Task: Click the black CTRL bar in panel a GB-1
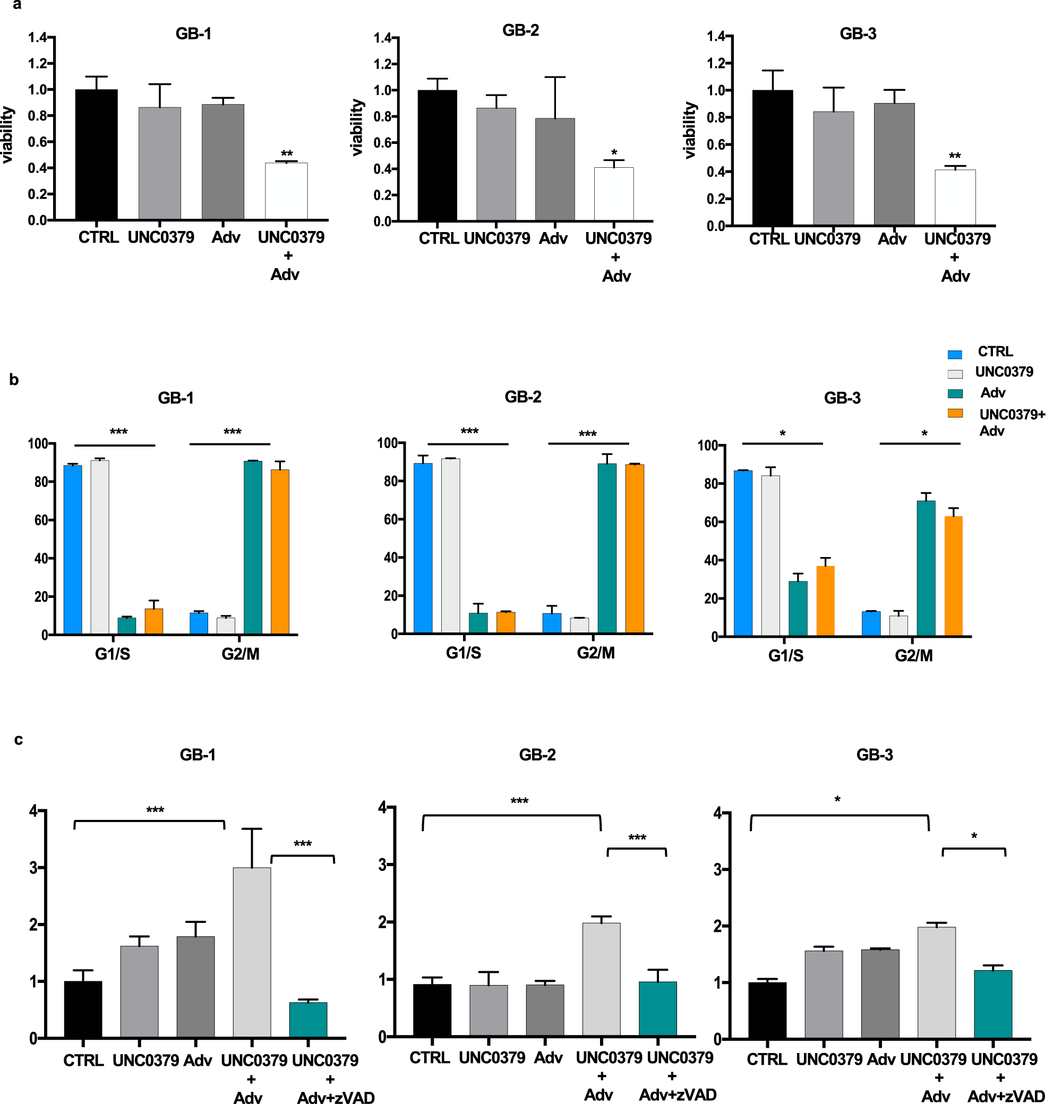(x=96, y=155)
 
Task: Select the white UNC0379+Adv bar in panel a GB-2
(x=613, y=194)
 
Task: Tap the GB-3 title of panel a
(x=857, y=34)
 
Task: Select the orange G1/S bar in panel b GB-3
(x=825, y=601)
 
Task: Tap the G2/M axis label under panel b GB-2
(x=595, y=653)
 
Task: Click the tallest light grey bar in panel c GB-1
(x=252, y=952)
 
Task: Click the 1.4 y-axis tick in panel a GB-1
(x=38, y=38)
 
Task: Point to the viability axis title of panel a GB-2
(x=357, y=128)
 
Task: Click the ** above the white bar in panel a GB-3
(x=954, y=156)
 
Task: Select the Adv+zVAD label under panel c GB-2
(x=678, y=1094)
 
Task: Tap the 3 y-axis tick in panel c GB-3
(x=717, y=870)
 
